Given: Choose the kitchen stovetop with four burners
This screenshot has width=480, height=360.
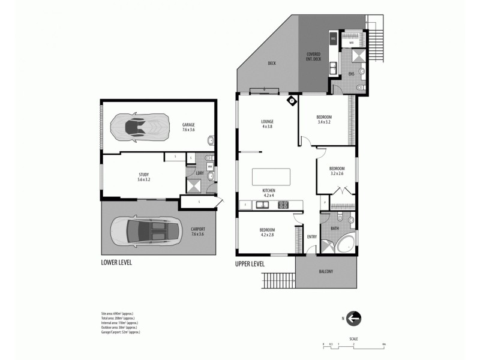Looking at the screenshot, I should click(283, 205).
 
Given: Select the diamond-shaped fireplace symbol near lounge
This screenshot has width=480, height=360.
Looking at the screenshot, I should click(292, 100).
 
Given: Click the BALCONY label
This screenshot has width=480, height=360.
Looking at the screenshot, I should click(326, 272).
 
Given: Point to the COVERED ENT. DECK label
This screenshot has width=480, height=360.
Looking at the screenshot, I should click(314, 56).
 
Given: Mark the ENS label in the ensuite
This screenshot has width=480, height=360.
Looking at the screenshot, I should click(352, 74).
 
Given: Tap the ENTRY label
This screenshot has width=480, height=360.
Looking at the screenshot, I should click(312, 236).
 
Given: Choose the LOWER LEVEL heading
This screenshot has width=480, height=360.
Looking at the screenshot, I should click(116, 263).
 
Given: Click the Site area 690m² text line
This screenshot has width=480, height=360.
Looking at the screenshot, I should click(118, 314).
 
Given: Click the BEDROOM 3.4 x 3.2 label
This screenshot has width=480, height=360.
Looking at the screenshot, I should click(325, 119).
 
